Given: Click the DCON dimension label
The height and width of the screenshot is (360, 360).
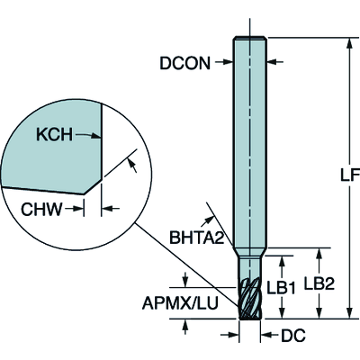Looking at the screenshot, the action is tap(184, 63).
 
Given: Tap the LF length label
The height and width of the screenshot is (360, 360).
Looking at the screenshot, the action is tap(350, 175).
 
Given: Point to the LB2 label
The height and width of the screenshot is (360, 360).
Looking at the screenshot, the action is tap(319, 283).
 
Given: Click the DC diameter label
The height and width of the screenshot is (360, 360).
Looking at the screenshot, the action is tap(292, 335).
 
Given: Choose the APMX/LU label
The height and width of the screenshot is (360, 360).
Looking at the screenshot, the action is tap(180, 303).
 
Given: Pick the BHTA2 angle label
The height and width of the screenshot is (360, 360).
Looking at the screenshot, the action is tap(197, 238).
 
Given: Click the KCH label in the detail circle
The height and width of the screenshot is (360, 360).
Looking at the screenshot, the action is tap(54, 134).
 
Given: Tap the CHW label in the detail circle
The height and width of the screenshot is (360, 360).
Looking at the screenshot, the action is tap(41, 209).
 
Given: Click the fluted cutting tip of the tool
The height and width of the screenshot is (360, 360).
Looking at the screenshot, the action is tap(250, 298).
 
